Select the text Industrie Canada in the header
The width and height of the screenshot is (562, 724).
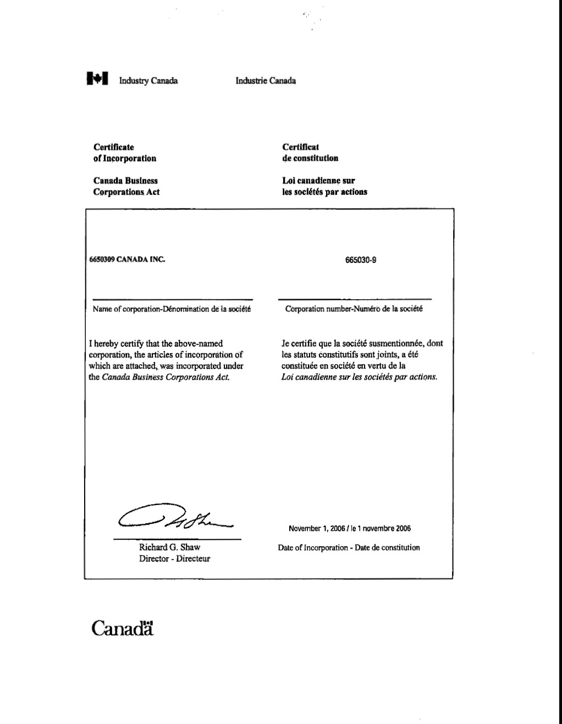(266, 81)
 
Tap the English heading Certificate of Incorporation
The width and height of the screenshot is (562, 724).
(124, 153)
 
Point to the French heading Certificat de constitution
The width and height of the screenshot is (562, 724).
(310, 153)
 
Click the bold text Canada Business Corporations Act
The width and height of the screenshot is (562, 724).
(126, 187)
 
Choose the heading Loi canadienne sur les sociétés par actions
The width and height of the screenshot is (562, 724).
(324, 187)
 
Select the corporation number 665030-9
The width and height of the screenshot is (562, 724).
(361, 260)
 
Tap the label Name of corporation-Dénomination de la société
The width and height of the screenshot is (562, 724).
(172, 309)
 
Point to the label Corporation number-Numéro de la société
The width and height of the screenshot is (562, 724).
(354, 309)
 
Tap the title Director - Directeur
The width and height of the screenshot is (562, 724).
(174, 559)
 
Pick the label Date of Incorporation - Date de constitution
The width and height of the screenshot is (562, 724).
(349, 548)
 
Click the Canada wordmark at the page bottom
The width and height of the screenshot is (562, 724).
(122, 628)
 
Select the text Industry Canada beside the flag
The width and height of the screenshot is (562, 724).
(148, 81)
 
